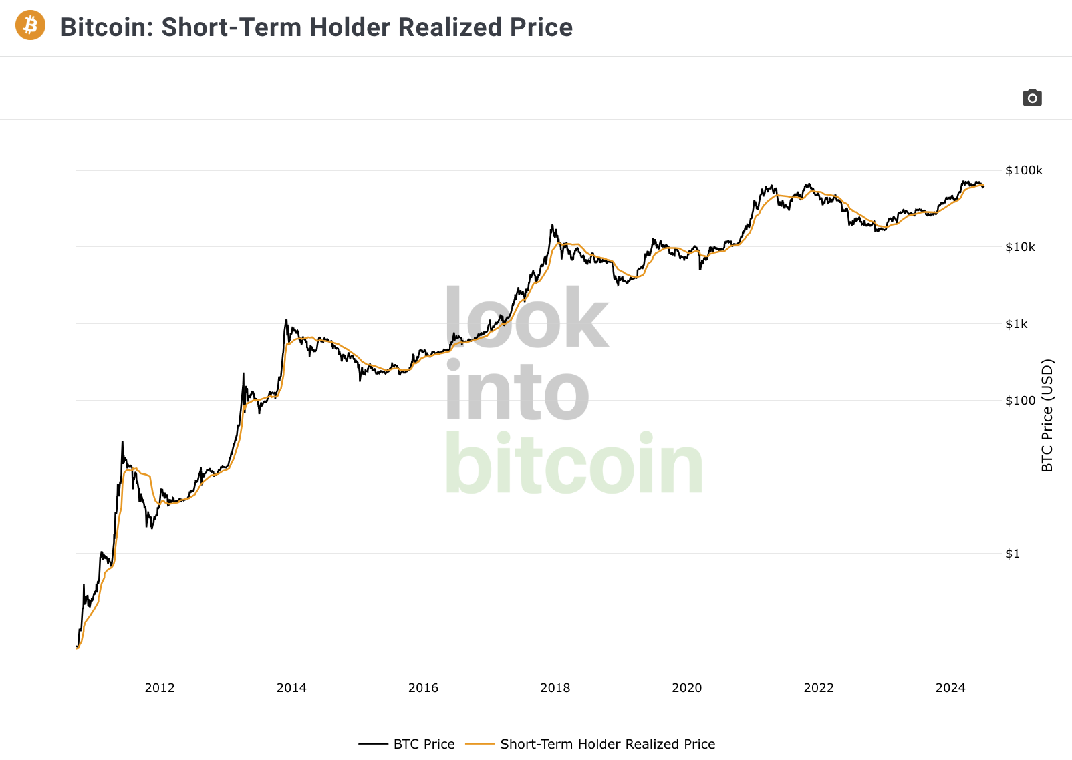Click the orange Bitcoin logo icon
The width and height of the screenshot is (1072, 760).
point(30,25)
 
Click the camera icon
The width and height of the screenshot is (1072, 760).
point(1033,98)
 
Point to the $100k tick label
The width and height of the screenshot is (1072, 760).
point(1024,170)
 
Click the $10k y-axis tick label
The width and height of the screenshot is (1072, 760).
point(1020,247)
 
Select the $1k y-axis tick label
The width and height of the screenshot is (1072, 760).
point(1016,324)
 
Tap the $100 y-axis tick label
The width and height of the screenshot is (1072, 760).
point(1021,400)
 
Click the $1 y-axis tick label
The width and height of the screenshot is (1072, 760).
point(1012,554)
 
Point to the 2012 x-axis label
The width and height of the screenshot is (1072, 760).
point(160,688)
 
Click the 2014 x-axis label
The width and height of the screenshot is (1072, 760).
point(291,688)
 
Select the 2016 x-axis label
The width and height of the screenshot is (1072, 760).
point(423,688)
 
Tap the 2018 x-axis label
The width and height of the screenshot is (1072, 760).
point(555,688)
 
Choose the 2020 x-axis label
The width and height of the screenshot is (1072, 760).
point(687,688)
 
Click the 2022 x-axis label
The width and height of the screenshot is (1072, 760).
point(819,688)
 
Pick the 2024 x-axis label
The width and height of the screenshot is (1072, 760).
point(950,688)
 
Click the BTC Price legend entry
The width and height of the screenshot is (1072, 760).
point(406,744)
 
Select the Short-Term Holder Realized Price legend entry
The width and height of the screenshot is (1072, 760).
point(590,744)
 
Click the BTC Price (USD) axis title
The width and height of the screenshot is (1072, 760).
point(1047,415)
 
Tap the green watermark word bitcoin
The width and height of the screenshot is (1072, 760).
point(574,463)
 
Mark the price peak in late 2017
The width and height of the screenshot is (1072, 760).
point(552,225)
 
